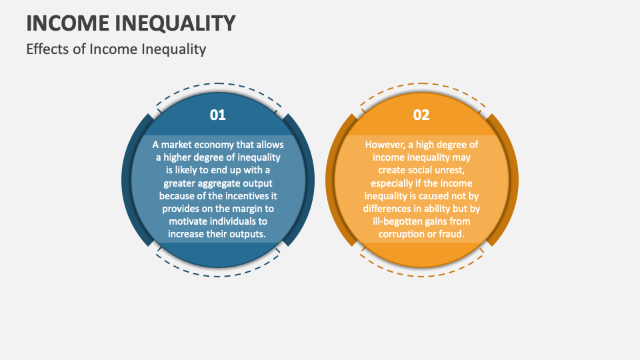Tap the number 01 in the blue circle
(218, 115)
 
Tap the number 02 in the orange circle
(421, 115)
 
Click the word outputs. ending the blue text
(246, 234)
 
